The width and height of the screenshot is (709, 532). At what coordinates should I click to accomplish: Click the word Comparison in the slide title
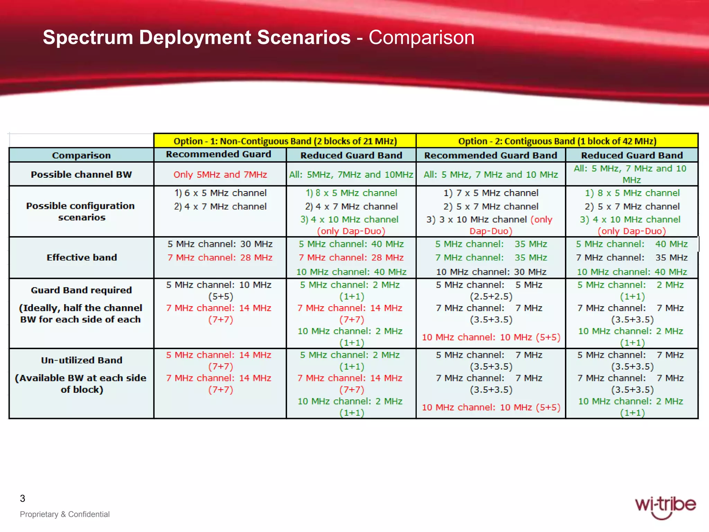point(421,37)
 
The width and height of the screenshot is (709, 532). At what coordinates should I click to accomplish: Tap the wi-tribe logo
point(665,506)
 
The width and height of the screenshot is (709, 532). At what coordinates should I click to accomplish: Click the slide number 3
point(23,498)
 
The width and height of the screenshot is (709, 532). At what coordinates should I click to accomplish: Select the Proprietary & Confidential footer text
point(65,514)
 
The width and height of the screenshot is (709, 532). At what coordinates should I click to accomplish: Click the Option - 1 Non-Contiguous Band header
point(285,141)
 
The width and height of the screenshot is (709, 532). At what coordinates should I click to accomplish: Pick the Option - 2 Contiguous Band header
point(557,141)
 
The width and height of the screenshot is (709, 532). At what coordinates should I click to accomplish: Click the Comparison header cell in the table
point(81,156)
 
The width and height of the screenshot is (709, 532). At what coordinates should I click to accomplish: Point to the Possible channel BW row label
point(81,174)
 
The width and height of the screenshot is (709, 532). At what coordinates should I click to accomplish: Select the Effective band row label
point(82,257)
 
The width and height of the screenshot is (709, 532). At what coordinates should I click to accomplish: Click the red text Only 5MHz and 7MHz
point(220,174)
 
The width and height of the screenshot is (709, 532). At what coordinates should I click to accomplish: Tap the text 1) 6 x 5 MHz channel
point(220,193)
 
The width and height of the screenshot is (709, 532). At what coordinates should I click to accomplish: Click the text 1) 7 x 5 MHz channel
point(491,193)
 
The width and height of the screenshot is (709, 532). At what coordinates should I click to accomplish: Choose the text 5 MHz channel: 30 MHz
point(220,244)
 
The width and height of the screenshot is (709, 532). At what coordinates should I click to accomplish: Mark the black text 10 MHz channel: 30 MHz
point(491,272)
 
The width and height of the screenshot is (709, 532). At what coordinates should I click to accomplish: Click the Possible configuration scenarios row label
point(81,211)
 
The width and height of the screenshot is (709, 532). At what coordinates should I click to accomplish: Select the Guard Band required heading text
point(81,290)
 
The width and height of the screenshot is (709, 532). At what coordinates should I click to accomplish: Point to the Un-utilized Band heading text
point(82,360)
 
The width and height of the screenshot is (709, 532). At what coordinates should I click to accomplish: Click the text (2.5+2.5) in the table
point(491,296)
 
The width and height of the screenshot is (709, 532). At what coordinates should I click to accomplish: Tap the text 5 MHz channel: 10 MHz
point(218,285)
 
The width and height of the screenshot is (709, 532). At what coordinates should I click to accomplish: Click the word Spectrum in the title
point(88,37)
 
